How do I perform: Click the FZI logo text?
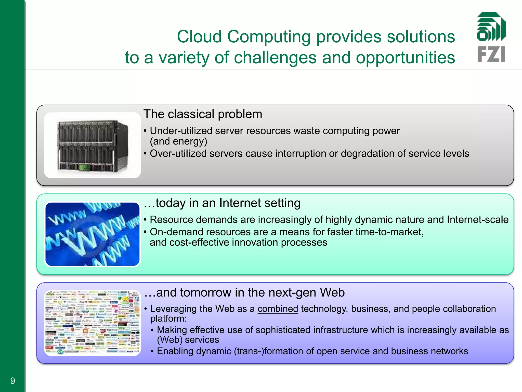pyautogui.click(x=491, y=54)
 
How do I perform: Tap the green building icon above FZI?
pyautogui.click(x=491, y=27)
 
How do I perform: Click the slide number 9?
pyautogui.click(x=12, y=381)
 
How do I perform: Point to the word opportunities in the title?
pyautogui.click(x=405, y=58)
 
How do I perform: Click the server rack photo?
pyautogui.click(x=92, y=145)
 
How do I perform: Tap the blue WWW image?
pyautogui.click(x=92, y=234)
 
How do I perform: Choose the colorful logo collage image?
pyautogui.click(x=92, y=323)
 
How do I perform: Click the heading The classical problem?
pyautogui.click(x=203, y=114)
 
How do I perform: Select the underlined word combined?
pyautogui.click(x=278, y=309)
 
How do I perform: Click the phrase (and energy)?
pyautogui.click(x=178, y=141)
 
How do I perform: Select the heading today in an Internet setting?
pyautogui.click(x=222, y=203)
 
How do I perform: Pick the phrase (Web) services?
pyautogui.click(x=188, y=340)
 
